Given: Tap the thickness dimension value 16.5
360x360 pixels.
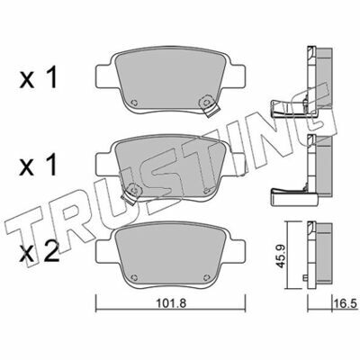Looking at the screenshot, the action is (346, 303).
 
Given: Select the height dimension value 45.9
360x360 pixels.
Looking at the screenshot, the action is (280, 256).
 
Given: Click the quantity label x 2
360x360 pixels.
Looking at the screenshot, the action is (39, 253).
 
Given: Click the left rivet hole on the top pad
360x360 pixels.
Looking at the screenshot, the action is (135, 103).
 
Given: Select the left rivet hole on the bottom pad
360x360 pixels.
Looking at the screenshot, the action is (135, 277).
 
